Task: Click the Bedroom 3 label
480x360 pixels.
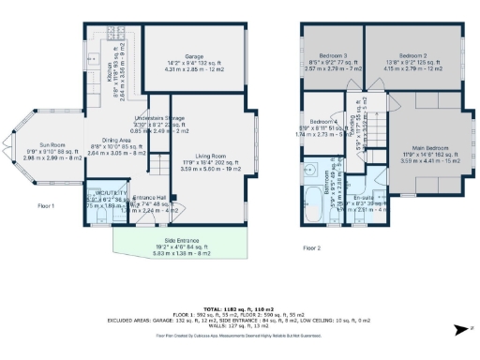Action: (334, 56)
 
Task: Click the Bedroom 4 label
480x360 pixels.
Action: (324, 123)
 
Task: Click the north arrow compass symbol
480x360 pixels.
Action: (460, 329)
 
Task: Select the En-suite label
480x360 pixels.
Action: (362, 200)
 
